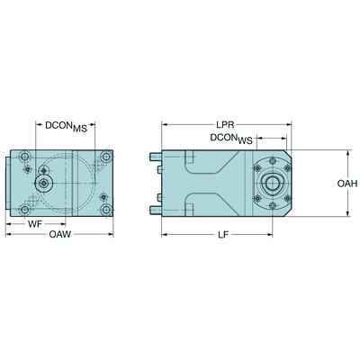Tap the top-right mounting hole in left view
tap(106, 157)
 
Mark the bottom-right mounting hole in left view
tap(106, 211)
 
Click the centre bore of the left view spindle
tap(43, 184)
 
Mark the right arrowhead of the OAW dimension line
tap(112, 232)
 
